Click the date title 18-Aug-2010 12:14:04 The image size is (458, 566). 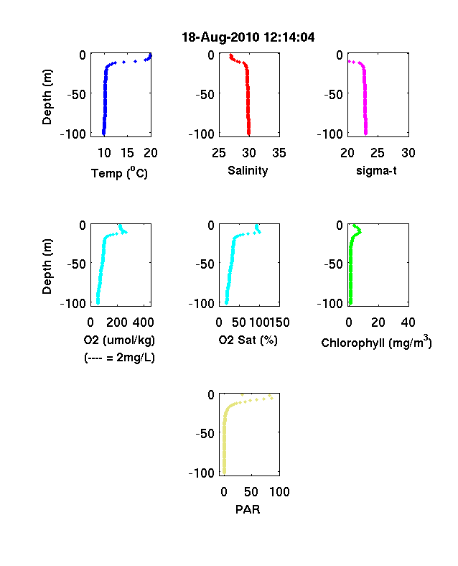coord(248,37)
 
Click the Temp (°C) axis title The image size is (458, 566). coord(119,173)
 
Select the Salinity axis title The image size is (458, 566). coord(248,170)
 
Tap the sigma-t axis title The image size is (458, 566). coord(376,170)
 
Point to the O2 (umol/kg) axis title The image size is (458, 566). coord(119,340)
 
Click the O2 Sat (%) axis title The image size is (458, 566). coord(248,340)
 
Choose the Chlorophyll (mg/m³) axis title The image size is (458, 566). coord(376,341)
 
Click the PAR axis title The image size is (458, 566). coord(248,509)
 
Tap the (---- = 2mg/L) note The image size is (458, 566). coord(119,358)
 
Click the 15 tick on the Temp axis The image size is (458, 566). coord(127,153)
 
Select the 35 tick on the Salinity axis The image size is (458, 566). coord(279,153)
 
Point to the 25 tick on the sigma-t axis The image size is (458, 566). coord(377,153)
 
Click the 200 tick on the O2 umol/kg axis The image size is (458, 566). coord(117,323)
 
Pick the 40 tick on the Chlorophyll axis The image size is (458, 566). coord(408,323)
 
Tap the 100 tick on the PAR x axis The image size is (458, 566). coord(279,491)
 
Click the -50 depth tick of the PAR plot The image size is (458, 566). coord(205,433)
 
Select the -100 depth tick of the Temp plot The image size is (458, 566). coord(73,134)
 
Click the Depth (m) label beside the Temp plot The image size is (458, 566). coord(47,97)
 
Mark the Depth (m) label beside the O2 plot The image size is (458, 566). coord(47,266)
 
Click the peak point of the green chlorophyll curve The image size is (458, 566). coord(360,232)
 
